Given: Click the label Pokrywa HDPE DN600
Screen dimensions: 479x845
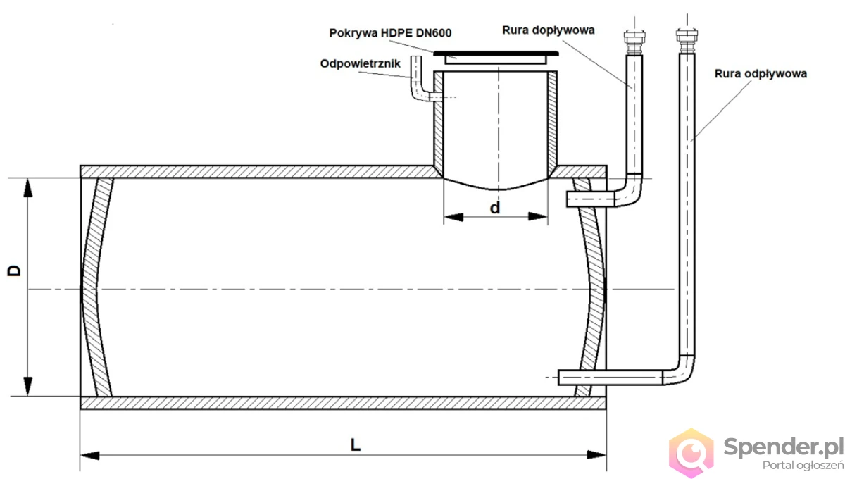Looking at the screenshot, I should click(391, 33).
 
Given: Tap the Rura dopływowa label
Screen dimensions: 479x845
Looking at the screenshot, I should click(549, 30).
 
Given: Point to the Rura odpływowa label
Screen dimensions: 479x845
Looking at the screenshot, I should click(760, 73).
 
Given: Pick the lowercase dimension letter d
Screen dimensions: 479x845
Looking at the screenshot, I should click(495, 208).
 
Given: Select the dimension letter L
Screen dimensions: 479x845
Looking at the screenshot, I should click(356, 445).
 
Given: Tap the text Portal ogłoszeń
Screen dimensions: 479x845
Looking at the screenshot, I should click(803, 465).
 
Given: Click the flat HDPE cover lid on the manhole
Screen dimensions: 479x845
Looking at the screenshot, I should click(496, 53).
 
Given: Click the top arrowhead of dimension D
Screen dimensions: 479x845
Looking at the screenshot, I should click(27, 186).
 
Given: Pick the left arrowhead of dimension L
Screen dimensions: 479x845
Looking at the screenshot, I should click(89, 456).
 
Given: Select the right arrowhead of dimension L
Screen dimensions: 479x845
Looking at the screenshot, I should click(598, 456).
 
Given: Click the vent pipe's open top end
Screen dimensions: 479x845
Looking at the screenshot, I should click(415, 61).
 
